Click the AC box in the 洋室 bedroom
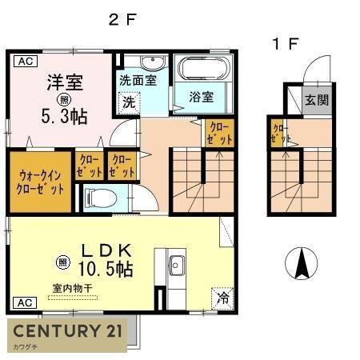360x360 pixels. coord(24,61)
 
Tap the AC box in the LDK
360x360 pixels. coord(24,303)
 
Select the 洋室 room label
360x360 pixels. coord(65,82)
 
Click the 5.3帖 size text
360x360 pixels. coord(65,114)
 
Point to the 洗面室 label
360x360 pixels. coord(138,80)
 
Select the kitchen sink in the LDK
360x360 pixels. coord(176,265)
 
